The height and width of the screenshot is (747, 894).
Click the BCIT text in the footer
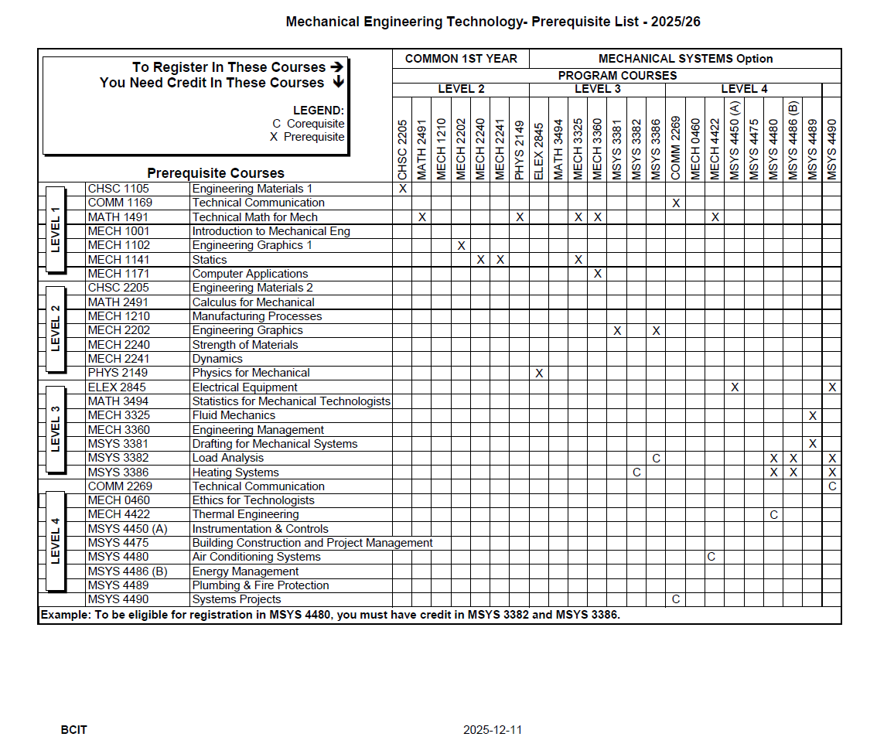pyautogui.click(x=73, y=730)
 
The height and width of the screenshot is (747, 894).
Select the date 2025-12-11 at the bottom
pyautogui.click(x=493, y=730)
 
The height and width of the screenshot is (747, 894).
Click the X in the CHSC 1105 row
pyautogui.click(x=402, y=189)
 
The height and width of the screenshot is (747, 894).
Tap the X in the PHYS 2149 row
pyautogui.click(x=539, y=373)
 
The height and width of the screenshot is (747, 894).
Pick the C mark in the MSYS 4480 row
pyautogui.click(x=711, y=557)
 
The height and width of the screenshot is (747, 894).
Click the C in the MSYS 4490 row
pyautogui.click(x=675, y=599)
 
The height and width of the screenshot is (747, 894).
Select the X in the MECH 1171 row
pyautogui.click(x=598, y=274)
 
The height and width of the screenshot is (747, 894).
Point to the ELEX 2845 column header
pyautogui.click(x=539, y=152)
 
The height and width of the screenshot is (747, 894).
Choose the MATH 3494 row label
pyautogui.click(x=118, y=401)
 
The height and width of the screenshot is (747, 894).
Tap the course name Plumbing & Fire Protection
pyautogui.click(x=261, y=585)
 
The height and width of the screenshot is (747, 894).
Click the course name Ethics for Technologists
pyautogui.click(x=253, y=500)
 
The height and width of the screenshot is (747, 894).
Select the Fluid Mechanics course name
pyautogui.click(x=234, y=415)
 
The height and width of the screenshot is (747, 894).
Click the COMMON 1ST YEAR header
pyautogui.click(x=460, y=59)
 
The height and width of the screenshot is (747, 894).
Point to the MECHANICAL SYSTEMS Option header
pyautogui.click(x=685, y=59)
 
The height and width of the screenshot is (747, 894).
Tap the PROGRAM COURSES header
pyautogui.click(x=617, y=76)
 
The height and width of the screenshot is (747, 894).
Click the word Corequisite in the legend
pyautogui.click(x=316, y=124)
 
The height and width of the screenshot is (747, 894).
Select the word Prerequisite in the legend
pyautogui.click(x=314, y=137)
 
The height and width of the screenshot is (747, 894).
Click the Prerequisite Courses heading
pyautogui.click(x=216, y=173)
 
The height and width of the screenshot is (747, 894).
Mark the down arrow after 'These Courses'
pyautogui.click(x=338, y=83)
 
